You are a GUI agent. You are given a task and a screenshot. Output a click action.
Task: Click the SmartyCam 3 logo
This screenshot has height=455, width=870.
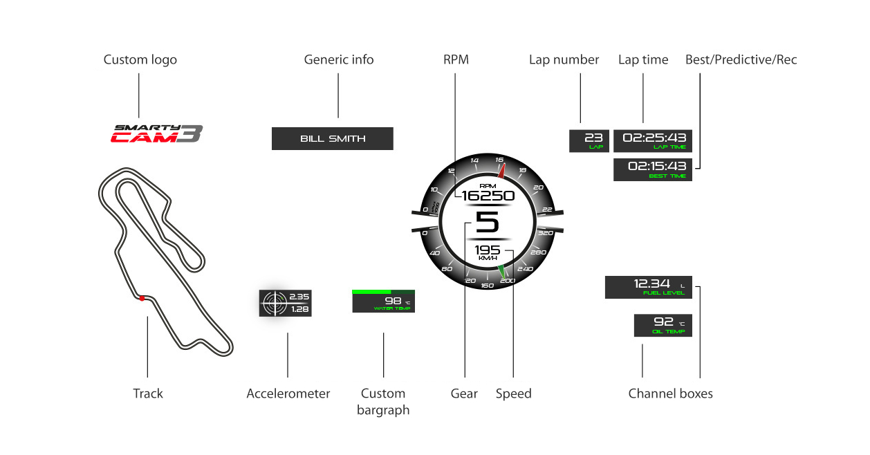point(157,133)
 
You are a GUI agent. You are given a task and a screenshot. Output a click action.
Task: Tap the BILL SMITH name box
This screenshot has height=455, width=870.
point(332,139)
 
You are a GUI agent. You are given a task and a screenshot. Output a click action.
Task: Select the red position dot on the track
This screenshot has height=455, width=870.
point(142,298)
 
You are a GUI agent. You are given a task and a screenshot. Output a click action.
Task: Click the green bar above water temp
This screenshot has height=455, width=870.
point(371,292)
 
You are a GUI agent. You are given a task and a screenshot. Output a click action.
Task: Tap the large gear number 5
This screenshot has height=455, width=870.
point(487,223)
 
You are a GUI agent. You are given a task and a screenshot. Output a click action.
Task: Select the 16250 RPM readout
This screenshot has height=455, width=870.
point(488,196)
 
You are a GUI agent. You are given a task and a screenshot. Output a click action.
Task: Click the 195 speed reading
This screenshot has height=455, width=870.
point(487,250)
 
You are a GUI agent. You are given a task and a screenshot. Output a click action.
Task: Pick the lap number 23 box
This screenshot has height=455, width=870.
point(589,140)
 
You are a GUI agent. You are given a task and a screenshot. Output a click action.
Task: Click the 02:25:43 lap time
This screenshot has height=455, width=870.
point(653,138)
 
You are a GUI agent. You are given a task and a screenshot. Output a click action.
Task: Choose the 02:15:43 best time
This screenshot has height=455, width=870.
point(656,167)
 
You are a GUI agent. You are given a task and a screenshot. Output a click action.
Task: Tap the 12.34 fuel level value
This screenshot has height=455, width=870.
point(652,284)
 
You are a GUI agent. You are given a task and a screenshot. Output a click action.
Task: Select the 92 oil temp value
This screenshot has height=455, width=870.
point(663,322)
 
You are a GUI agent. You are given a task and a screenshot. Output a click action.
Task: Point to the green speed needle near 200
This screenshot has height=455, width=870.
point(502,271)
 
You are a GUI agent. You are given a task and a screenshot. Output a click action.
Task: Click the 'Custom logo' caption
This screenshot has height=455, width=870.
point(140,59)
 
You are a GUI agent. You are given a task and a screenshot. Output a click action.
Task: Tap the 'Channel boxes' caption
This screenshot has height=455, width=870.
point(670,393)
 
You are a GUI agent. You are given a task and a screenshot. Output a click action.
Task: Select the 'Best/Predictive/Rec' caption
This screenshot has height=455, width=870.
point(741,59)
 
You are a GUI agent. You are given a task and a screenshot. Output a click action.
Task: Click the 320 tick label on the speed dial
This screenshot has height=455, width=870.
point(546,234)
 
